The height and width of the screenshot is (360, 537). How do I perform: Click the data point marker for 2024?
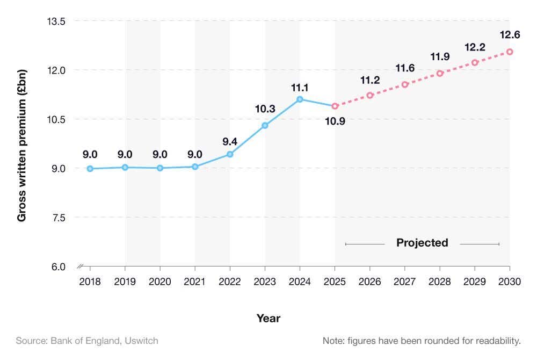coord(300,99)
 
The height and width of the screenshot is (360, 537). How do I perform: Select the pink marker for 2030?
coord(510,52)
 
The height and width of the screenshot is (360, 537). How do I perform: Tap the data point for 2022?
coord(230,154)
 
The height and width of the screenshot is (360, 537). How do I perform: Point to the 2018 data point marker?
coord(90,169)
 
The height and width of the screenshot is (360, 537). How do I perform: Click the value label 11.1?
coord(300,88)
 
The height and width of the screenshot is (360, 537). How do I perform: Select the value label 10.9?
coord(335,121)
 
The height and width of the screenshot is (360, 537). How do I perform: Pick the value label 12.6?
coord(510,35)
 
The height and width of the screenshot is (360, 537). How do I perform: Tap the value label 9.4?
coord(230,142)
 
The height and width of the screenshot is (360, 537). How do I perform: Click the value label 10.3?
coord(265,109)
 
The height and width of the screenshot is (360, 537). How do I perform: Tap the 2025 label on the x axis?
coord(335,282)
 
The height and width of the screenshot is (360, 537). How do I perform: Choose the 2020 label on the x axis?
coord(160,282)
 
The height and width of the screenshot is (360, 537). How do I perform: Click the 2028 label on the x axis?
coord(440,282)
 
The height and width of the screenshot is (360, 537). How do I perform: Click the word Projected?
coord(422,243)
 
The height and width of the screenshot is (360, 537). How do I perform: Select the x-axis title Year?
coord(268,318)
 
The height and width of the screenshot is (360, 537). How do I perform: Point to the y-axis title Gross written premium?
coord(22,145)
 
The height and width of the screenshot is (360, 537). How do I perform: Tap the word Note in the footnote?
coord(333,341)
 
